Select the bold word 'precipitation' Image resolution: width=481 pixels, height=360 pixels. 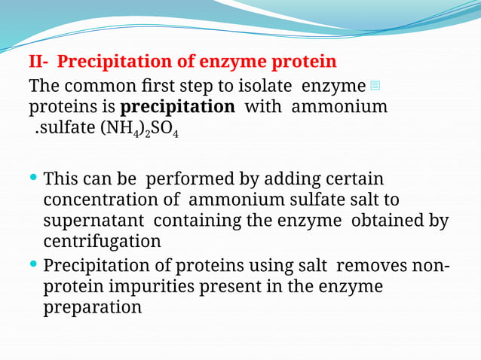click(178, 106)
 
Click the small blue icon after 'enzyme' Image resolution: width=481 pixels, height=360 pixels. click(376, 84)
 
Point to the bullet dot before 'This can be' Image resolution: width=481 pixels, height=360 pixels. click(35, 178)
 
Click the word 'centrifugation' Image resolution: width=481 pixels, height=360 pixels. click(102, 241)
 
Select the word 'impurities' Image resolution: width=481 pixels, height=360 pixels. click(151, 287)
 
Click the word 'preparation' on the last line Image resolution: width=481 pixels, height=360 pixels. click(92, 307)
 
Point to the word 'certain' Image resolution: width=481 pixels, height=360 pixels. click(356, 179)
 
